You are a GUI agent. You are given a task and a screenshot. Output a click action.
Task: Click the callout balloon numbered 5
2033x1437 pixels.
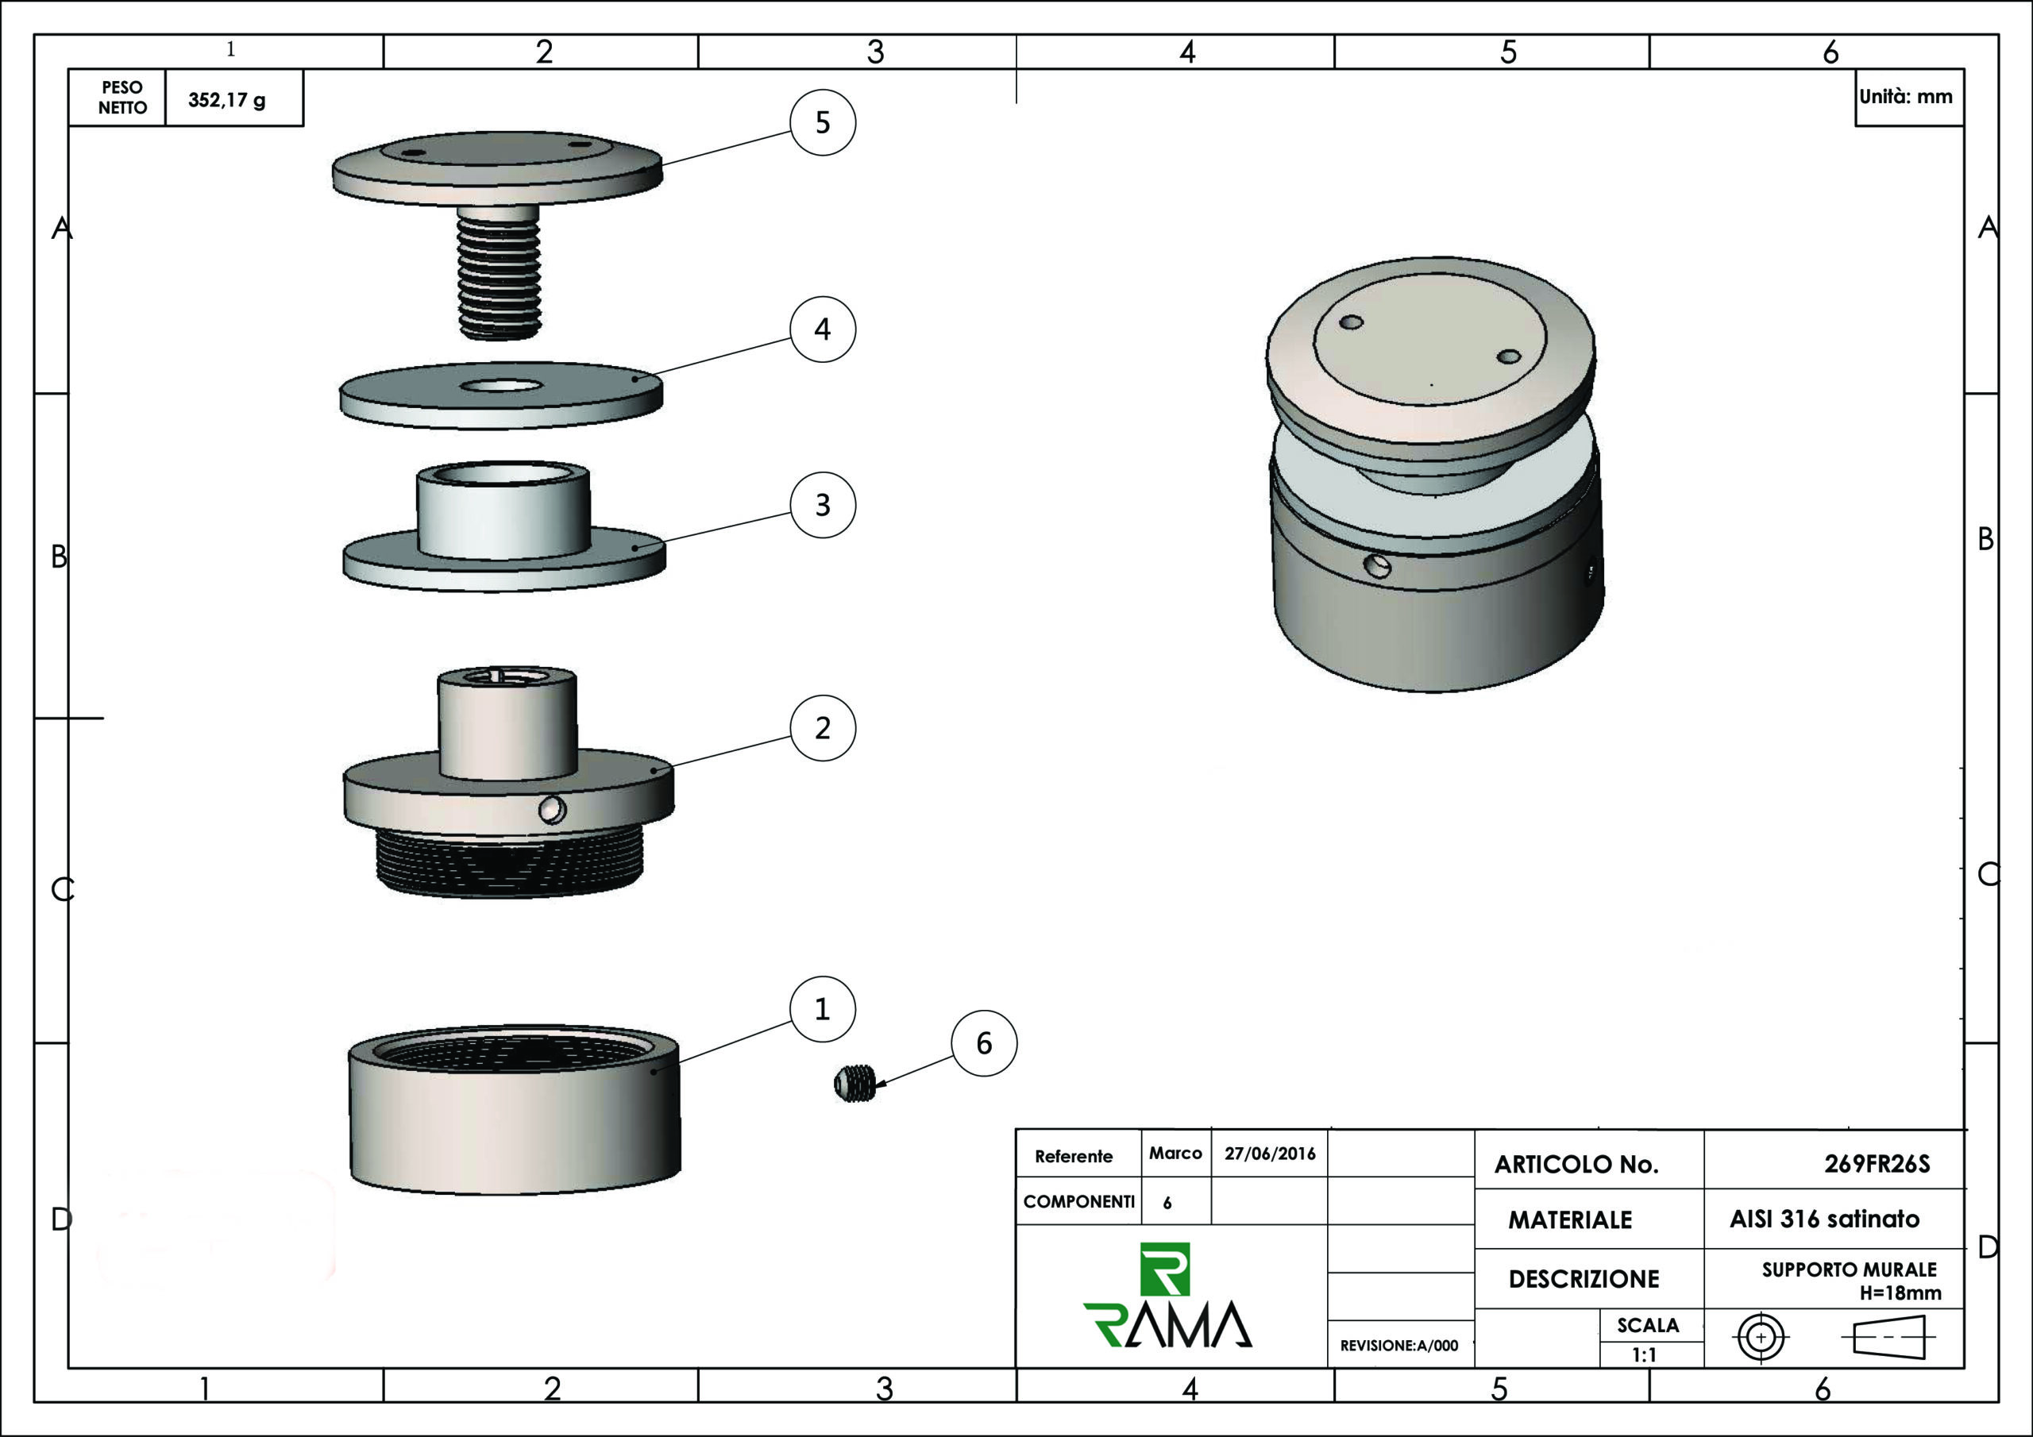tap(823, 122)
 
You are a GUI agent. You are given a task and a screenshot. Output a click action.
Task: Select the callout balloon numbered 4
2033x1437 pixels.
tap(823, 329)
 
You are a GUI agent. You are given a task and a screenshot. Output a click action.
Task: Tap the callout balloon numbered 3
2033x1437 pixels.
tap(823, 505)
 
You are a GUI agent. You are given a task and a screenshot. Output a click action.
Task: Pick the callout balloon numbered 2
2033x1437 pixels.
tap(823, 728)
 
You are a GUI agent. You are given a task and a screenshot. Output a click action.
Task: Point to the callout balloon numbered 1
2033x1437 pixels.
tap(823, 1008)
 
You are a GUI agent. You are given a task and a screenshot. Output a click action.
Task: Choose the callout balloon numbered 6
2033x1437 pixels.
tap(984, 1043)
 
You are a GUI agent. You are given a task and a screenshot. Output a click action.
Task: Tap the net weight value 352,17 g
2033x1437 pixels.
tap(226, 99)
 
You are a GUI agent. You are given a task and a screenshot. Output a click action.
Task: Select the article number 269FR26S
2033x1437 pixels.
tap(1877, 1163)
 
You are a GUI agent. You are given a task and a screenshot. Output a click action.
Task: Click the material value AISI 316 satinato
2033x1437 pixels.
tap(1824, 1219)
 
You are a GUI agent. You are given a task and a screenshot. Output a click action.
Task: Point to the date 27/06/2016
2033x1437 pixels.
tap(1270, 1154)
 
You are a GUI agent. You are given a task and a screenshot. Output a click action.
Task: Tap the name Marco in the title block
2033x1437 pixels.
tap(1175, 1153)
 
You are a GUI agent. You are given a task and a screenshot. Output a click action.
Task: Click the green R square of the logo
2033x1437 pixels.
tap(1165, 1269)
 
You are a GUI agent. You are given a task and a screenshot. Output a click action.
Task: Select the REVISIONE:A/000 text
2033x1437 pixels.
tap(1399, 1346)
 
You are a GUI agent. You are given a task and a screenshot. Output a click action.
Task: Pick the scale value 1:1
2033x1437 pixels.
tap(1645, 1354)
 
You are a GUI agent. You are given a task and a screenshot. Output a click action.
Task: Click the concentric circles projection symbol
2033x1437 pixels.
tap(1761, 1337)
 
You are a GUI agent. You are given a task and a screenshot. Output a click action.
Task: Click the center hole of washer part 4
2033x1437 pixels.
tap(501, 386)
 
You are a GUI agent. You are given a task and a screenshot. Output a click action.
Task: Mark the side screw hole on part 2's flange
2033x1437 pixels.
tap(552, 809)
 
